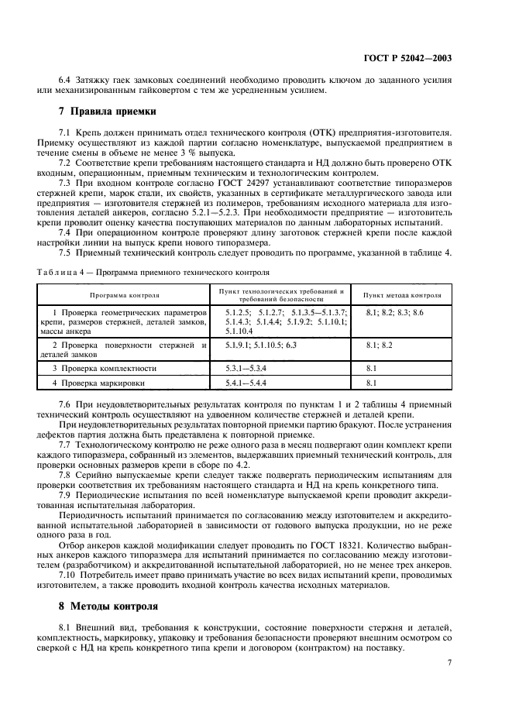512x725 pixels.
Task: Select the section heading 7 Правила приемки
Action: (x=101, y=112)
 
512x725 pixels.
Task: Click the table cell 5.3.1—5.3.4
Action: (x=245, y=369)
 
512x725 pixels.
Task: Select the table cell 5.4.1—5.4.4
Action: (x=245, y=383)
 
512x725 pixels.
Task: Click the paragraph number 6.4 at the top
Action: (x=67, y=80)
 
